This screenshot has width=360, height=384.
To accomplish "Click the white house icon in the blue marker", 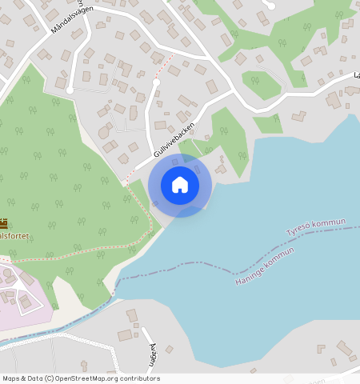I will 180,185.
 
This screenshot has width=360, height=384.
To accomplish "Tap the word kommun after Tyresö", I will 331,222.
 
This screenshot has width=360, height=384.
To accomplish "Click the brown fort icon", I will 2,224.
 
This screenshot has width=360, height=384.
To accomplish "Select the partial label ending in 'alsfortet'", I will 14,236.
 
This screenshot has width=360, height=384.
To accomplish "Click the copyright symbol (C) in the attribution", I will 49,378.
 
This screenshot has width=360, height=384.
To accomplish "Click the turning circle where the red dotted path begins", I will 157,82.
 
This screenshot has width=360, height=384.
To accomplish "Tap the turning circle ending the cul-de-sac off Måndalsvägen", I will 70,90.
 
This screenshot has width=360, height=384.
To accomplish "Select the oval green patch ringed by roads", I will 259,82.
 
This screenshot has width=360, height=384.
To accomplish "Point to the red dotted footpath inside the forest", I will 80,258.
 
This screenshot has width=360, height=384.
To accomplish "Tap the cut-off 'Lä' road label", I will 354,77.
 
